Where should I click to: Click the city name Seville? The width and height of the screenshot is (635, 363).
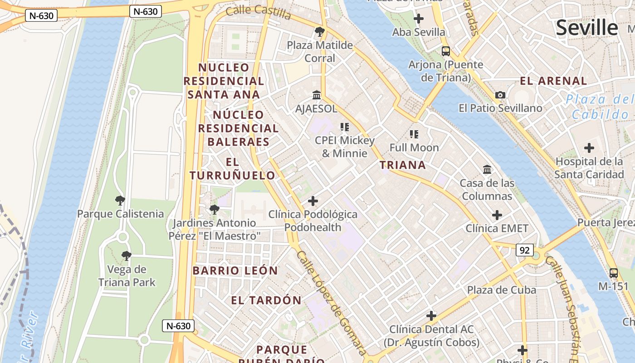click(587, 28)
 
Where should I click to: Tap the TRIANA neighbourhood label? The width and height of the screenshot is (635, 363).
click(403, 165)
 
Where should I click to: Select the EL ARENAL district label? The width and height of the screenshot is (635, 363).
click(553, 81)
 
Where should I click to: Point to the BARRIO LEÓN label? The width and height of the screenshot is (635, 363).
click(235, 271)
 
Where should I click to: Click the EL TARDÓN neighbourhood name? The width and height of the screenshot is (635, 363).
click(266, 300)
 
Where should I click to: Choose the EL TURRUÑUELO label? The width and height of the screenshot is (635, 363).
click(232, 169)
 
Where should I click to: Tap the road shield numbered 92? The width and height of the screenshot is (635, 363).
click(525, 250)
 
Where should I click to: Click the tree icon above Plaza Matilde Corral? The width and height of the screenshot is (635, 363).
click(320, 32)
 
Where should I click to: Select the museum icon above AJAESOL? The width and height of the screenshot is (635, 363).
click(317, 95)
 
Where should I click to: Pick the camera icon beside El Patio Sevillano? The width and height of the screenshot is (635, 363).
click(500, 95)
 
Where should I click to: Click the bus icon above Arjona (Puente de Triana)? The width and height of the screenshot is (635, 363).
click(446, 51)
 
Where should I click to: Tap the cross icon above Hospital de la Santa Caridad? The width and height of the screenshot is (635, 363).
click(589, 148)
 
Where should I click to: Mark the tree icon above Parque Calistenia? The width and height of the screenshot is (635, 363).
click(120, 200)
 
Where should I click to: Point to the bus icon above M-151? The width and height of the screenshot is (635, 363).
click(614, 273)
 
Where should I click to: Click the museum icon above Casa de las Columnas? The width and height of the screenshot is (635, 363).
click(487, 170)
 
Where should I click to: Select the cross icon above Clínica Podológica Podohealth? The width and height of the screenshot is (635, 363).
click(313, 201)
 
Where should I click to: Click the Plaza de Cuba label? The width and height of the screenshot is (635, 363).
click(502, 290)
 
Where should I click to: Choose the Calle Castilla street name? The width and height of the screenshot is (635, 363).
click(258, 12)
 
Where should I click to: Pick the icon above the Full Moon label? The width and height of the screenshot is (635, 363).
click(414, 134)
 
